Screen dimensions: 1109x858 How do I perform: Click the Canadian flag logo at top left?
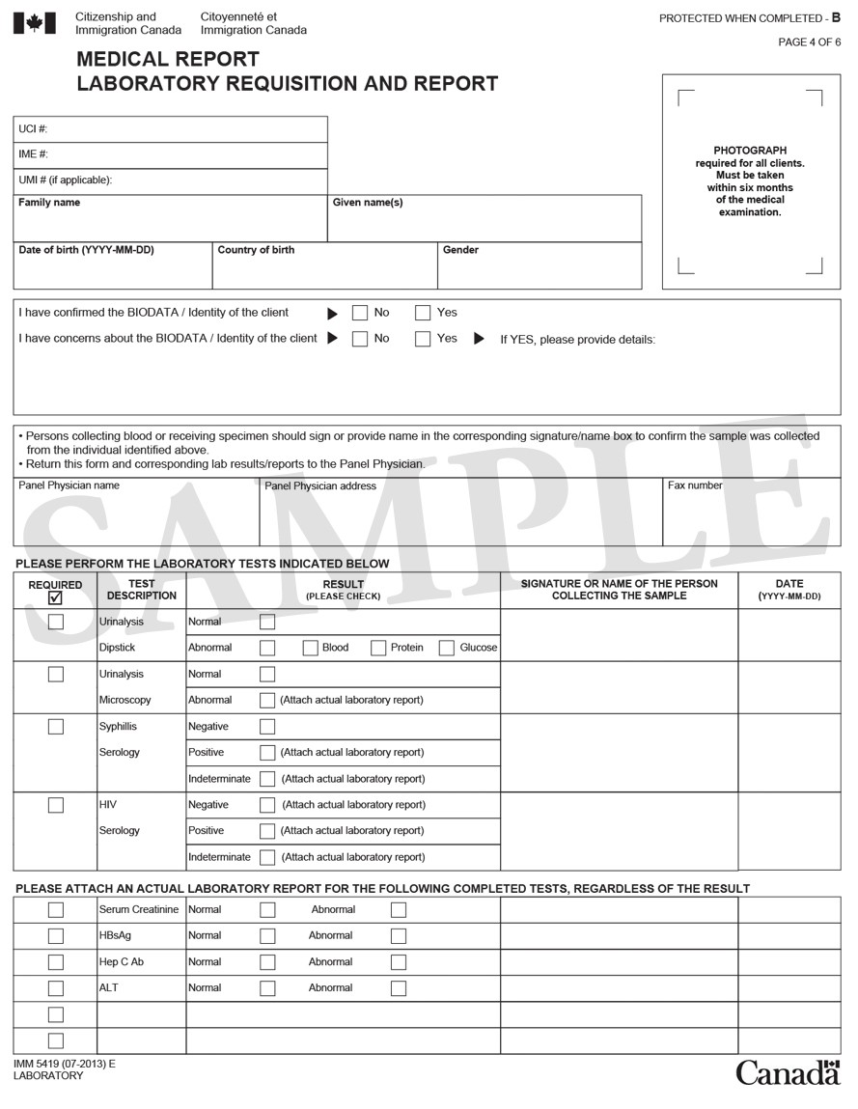(x=35, y=23)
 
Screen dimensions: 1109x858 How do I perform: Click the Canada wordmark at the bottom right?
(x=788, y=1072)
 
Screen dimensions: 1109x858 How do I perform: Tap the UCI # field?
(x=170, y=129)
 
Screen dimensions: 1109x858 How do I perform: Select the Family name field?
(x=170, y=219)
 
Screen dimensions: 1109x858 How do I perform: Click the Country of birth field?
(x=324, y=266)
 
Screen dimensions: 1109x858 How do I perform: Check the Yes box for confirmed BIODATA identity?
(x=423, y=313)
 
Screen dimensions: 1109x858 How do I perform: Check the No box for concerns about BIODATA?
(x=360, y=339)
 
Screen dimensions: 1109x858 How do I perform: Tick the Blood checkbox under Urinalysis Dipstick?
(x=311, y=648)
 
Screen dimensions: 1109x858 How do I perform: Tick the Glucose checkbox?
(x=447, y=648)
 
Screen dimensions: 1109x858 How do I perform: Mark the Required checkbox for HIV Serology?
(x=56, y=805)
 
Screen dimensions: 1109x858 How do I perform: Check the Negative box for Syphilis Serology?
(x=267, y=727)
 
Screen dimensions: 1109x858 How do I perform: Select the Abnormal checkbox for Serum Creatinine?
(x=399, y=910)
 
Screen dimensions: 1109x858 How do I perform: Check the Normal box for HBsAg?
(x=267, y=936)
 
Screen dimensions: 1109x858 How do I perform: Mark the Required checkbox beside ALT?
(x=56, y=988)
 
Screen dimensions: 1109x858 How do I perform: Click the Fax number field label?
(x=695, y=485)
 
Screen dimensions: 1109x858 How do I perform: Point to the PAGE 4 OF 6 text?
(x=810, y=42)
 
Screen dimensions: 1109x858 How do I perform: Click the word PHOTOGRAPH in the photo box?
(x=750, y=151)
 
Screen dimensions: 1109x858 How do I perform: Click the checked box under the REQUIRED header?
(x=55, y=597)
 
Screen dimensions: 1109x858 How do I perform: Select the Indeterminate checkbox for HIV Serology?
(x=267, y=857)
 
